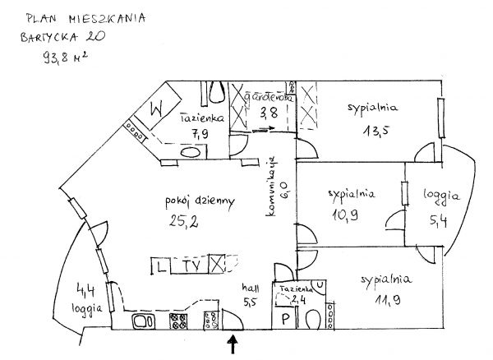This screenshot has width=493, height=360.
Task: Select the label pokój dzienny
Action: coord(189,200)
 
